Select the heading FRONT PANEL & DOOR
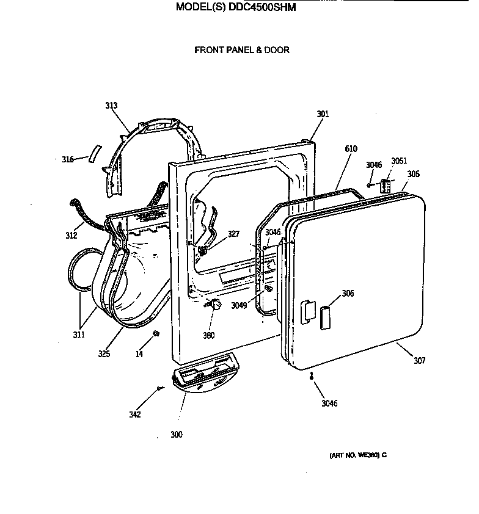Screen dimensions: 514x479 242,50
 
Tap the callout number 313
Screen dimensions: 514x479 111,106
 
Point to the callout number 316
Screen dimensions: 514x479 67,160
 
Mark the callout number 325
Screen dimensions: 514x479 104,353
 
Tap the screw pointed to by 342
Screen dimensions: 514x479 160,388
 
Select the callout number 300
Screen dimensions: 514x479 177,435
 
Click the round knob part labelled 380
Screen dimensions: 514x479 213,306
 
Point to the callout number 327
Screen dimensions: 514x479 234,233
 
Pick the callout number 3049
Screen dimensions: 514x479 239,306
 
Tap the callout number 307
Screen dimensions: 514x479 419,361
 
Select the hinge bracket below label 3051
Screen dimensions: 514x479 386,186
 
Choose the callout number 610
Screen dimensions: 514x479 351,149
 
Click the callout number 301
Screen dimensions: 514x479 323,114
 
